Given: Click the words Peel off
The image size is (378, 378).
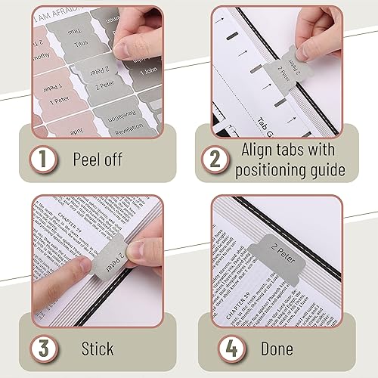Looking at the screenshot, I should point(98,160).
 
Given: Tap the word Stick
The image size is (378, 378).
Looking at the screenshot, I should point(98,349).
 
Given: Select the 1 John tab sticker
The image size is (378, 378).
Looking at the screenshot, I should point(148,74).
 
